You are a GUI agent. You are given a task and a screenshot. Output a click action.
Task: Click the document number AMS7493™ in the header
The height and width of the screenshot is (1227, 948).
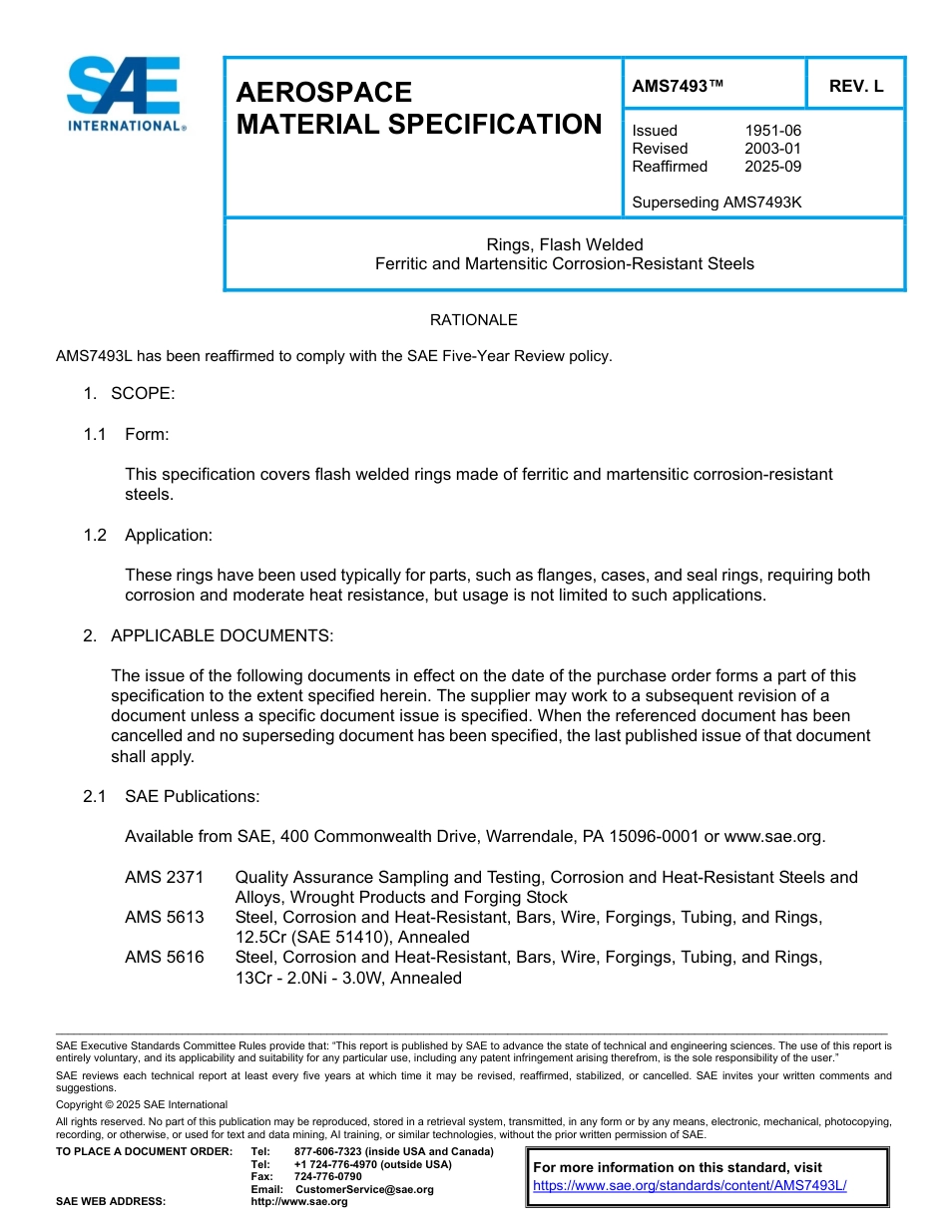(678, 86)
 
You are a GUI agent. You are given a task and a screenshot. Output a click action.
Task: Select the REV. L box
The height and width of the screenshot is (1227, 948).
(855, 86)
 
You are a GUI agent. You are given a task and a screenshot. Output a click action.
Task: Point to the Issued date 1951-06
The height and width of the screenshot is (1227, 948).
(772, 131)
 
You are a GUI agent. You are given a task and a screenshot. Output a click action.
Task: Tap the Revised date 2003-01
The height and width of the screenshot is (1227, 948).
(772, 149)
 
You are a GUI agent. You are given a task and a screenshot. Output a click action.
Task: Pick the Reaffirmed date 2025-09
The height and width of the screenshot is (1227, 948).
(772, 167)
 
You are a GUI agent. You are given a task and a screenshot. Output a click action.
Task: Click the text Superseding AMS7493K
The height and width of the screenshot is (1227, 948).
(716, 203)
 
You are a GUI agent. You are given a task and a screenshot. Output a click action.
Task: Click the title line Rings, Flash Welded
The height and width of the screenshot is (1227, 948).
(564, 244)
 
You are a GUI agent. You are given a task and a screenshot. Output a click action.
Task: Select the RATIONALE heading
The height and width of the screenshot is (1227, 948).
(473, 320)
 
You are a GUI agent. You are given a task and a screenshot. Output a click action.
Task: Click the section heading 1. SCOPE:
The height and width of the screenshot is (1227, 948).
(130, 394)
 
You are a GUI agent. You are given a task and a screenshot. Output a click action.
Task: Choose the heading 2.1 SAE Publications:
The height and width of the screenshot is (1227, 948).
(172, 797)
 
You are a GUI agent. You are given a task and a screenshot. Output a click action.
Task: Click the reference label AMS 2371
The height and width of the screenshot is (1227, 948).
(164, 878)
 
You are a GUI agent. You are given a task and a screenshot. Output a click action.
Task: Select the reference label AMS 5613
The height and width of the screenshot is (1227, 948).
(164, 918)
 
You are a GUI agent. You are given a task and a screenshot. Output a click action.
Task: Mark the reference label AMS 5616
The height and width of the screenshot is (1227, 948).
(164, 958)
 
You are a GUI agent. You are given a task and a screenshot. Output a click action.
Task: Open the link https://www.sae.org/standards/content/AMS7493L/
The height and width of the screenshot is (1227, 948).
(690, 1186)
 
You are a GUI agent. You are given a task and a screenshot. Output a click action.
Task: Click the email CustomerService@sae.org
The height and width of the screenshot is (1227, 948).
(364, 1189)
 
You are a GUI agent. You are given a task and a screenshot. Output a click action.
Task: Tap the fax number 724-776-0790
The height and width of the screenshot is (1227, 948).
(327, 1177)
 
